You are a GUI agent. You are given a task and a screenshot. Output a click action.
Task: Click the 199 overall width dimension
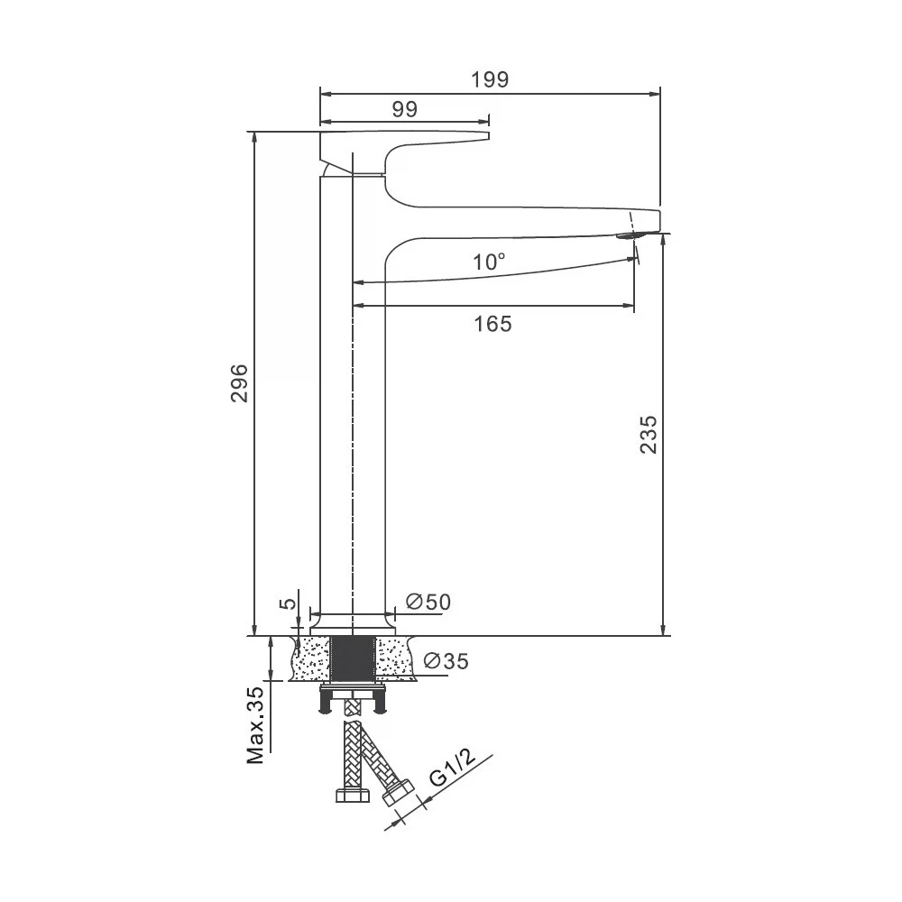click(490, 80)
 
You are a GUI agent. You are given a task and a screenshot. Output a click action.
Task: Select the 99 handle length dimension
click(405, 109)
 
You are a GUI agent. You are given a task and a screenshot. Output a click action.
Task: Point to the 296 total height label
click(239, 383)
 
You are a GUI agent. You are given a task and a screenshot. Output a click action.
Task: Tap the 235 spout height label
click(649, 435)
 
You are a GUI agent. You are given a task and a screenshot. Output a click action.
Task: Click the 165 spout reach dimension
click(493, 325)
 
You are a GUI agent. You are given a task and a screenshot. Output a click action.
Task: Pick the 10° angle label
click(489, 262)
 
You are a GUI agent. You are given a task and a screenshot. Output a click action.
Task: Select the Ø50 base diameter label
click(428, 603)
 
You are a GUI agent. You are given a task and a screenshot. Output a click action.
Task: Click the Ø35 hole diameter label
click(446, 661)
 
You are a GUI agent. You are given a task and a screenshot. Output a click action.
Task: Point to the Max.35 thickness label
click(255, 725)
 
